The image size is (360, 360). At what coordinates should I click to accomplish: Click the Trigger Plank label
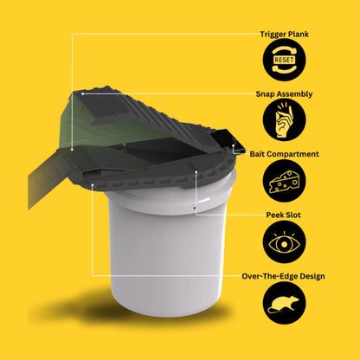tap(284, 35)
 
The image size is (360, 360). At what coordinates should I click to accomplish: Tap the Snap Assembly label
tap(284, 94)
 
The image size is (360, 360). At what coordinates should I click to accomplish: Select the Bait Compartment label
tap(284, 154)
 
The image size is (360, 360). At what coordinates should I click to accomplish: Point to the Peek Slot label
tap(284, 215)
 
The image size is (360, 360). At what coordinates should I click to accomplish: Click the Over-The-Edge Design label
tap(284, 276)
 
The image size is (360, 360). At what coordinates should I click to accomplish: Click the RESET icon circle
tap(285, 60)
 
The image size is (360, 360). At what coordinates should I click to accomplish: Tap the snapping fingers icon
tap(285, 119)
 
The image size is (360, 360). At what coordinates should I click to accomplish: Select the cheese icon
tap(285, 181)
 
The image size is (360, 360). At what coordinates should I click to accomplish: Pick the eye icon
tap(285, 242)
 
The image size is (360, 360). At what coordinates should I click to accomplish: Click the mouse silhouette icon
tap(285, 303)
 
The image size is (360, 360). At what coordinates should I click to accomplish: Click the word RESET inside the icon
tap(285, 60)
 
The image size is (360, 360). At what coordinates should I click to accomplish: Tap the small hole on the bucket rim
tap(195, 208)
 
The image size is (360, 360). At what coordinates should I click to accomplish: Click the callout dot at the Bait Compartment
tap(233, 145)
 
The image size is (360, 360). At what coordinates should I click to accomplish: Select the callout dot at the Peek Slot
tap(196, 171)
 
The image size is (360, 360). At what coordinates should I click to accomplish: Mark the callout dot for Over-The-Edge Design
tap(93, 184)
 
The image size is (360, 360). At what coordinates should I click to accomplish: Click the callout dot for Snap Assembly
tap(83, 93)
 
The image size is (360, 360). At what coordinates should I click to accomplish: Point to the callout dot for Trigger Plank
tap(72, 150)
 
